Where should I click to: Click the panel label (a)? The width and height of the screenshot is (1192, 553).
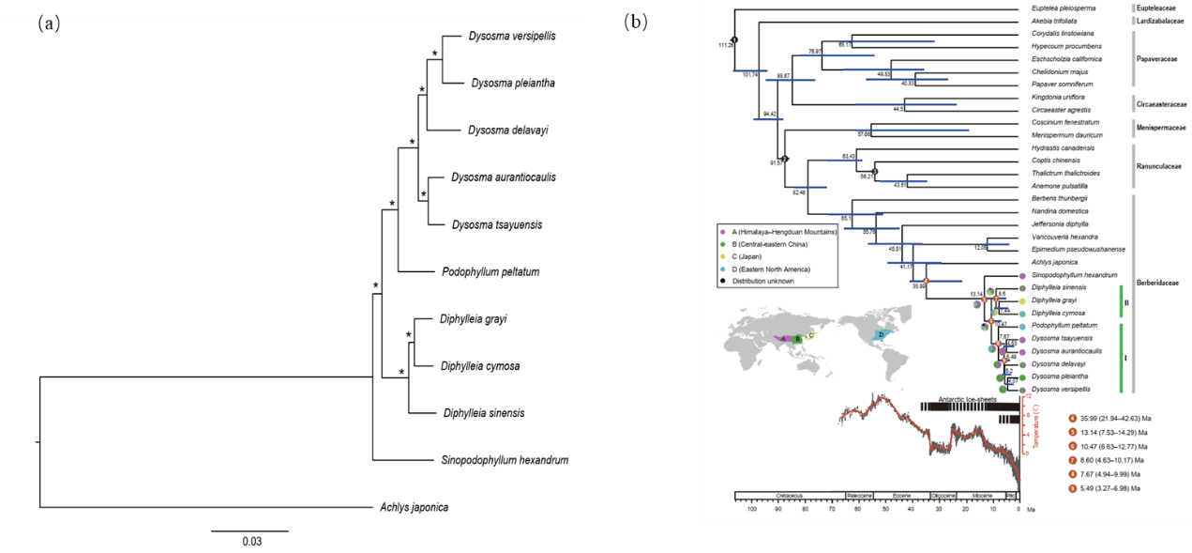pos(49,24)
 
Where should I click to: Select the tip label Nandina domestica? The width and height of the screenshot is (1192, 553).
pos(1055,211)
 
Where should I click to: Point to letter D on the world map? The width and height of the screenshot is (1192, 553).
pos(882,335)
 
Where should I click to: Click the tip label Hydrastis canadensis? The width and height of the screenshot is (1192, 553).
pos(1057,147)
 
